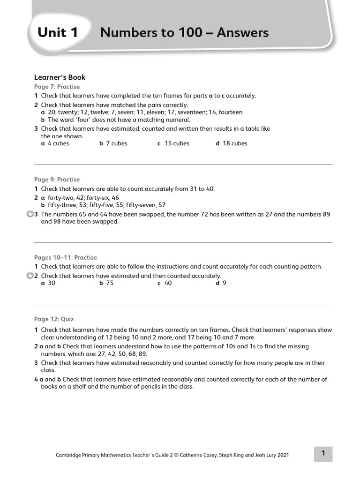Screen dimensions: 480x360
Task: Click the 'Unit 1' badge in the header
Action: pos(58,32)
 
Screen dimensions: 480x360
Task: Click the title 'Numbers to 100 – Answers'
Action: pos(184,32)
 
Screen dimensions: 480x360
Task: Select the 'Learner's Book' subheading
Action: pos(60,77)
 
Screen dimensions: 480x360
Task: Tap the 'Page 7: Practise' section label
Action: pos(57,87)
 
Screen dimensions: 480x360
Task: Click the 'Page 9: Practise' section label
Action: pos(57,180)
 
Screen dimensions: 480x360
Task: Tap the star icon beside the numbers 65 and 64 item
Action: pos(30,214)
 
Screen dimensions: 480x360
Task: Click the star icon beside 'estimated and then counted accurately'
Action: pos(30,276)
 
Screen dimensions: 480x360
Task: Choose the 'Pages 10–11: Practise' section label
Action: pos(66,257)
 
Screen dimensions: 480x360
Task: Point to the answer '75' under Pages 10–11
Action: pos(110,283)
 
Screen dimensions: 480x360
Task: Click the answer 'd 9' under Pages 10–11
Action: pos(221,283)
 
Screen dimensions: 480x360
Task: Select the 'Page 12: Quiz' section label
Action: pos(54,319)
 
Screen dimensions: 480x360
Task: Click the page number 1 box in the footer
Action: pos(323,453)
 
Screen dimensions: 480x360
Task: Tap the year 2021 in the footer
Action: pos(283,455)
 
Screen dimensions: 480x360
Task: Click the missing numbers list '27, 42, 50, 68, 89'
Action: pos(120,354)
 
